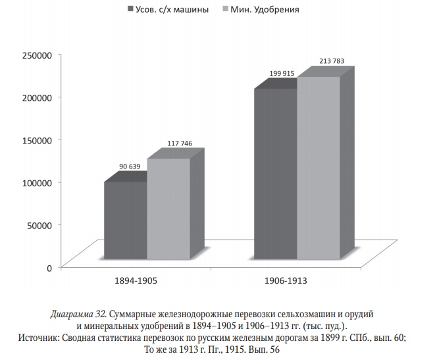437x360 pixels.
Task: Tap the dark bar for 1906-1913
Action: pos(275,178)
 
